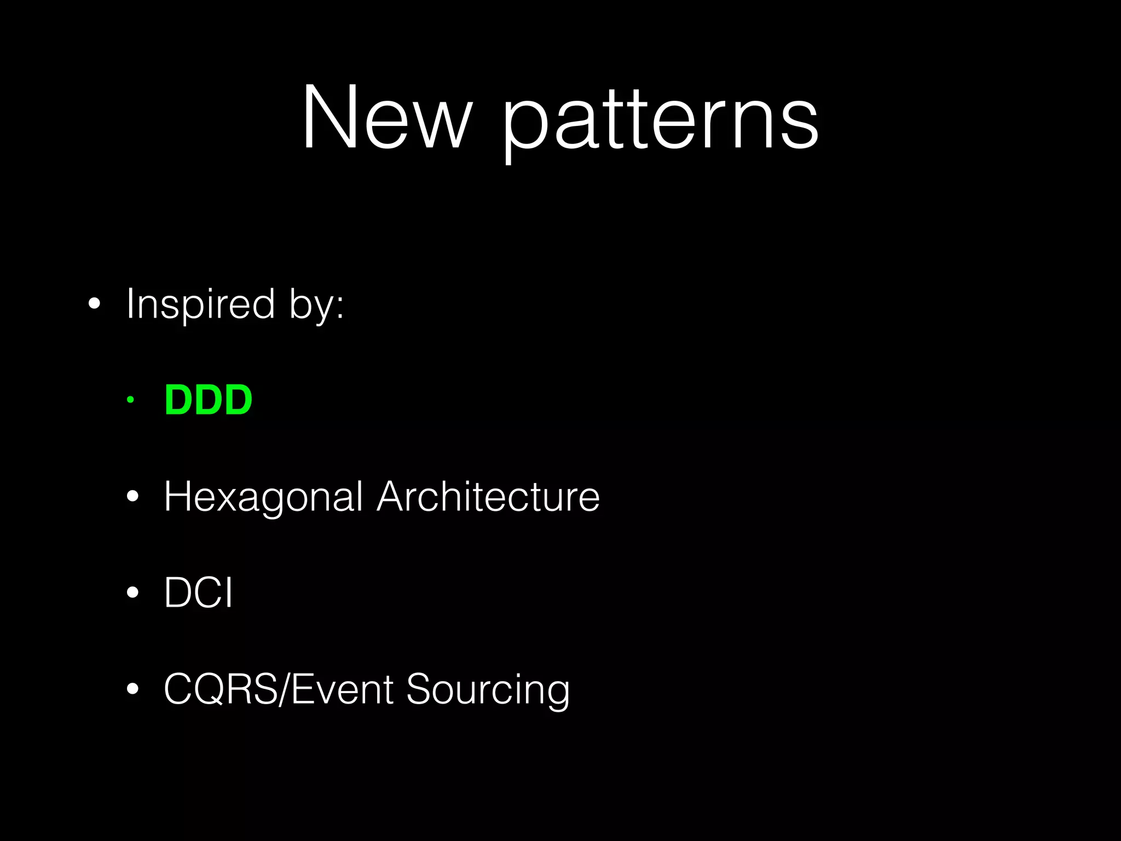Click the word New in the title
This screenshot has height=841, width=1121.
386,117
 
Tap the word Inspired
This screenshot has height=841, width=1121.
200,304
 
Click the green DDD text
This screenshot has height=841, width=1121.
209,400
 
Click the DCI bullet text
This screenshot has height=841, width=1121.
199,593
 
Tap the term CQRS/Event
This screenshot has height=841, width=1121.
279,689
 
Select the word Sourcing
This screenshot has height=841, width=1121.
488,691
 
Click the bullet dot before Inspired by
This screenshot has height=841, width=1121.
94,304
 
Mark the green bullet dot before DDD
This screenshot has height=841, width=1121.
130,400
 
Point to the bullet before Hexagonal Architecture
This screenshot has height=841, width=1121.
132,497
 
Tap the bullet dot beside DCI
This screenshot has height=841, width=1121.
132,593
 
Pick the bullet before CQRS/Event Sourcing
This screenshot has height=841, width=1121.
132,689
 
